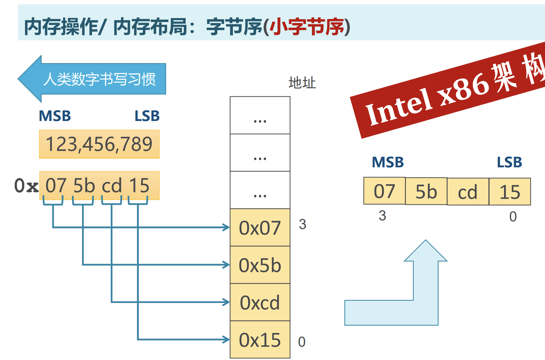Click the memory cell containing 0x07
[x=260, y=228]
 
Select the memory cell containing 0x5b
[x=260, y=265]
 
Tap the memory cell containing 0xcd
[x=260, y=302]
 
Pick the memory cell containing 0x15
[x=260, y=340]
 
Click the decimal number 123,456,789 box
[x=99, y=144]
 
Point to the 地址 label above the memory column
[x=302, y=83]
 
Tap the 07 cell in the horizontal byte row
[x=384, y=191]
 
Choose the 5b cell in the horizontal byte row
[x=426, y=191]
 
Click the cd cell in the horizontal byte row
[x=468, y=192]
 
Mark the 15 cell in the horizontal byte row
[x=510, y=192]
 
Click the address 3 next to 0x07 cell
[x=303, y=224]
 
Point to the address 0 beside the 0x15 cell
[x=302, y=342]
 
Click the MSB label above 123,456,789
[x=55, y=116]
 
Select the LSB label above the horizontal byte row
[x=509, y=162]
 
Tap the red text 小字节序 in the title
[x=307, y=27]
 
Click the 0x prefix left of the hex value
[x=26, y=186]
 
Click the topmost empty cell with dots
[x=260, y=115]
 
